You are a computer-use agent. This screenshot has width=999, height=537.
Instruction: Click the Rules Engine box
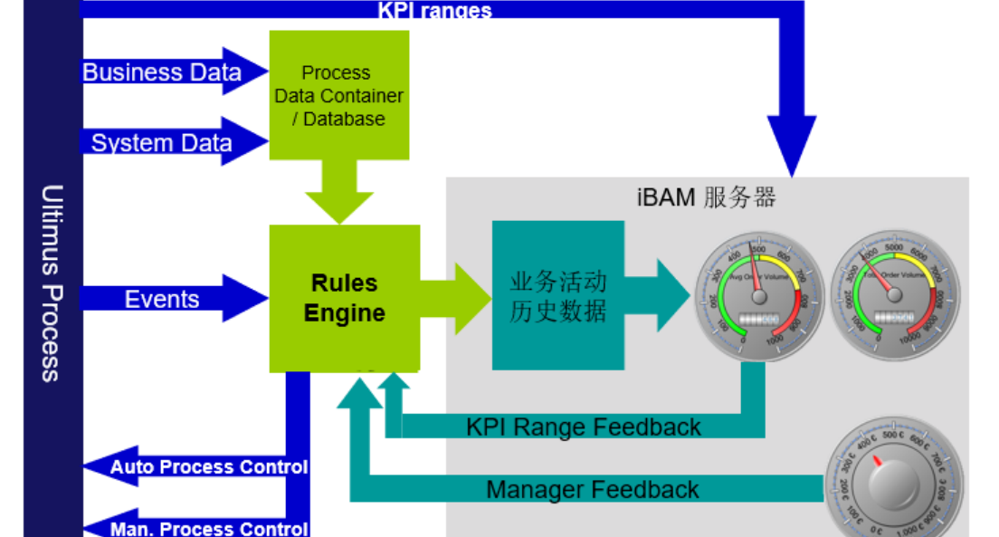coord(345,298)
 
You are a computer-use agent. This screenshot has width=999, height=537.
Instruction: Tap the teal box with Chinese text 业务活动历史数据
coord(557,295)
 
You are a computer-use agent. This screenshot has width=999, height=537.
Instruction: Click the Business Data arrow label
coord(162,72)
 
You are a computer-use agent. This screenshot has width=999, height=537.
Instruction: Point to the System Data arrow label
coord(161,142)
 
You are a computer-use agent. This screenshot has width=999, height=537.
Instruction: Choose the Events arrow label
coord(162,299)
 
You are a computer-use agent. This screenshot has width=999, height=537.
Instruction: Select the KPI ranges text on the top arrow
coord(434,10)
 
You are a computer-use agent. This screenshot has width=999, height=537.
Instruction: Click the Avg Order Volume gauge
coord(759,295)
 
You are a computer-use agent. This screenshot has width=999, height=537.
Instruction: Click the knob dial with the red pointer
coord(893,481)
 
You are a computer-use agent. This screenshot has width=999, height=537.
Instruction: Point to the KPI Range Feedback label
coord(584,427)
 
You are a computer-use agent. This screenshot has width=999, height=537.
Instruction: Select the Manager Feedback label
coord(593,490)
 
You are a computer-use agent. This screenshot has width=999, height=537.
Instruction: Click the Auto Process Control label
coord(209,467)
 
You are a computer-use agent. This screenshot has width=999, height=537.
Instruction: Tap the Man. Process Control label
coord(209,529)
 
